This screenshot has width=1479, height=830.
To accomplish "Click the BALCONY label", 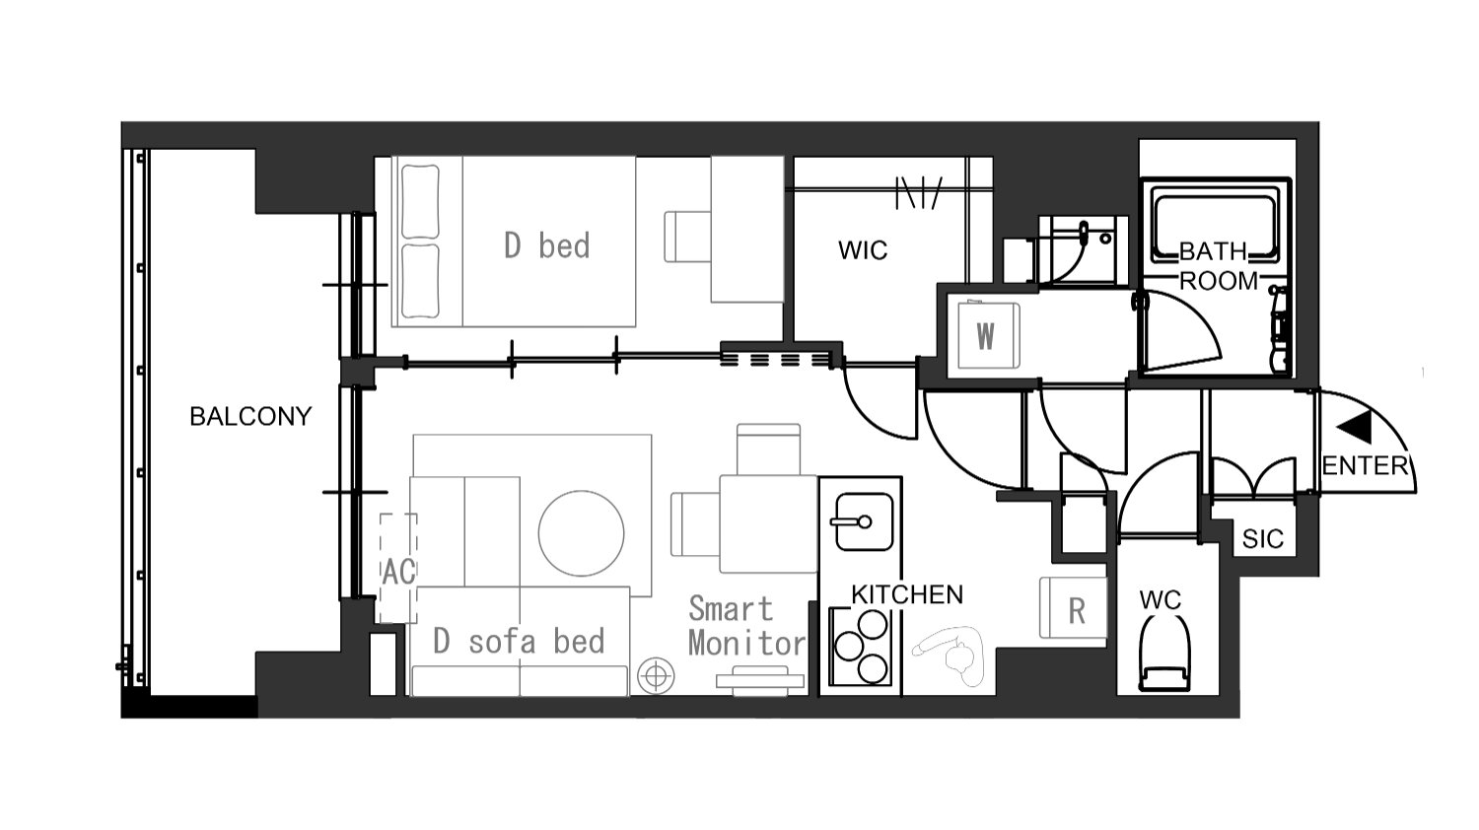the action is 250,417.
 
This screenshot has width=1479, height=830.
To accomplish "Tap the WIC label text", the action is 863,250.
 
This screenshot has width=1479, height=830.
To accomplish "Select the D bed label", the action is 546,245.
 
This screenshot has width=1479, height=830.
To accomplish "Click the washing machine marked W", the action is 988,335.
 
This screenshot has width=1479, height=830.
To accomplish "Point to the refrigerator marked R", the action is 1073,608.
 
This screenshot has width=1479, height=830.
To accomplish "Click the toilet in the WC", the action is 1164,653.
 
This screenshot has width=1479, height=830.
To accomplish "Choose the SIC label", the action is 1262,539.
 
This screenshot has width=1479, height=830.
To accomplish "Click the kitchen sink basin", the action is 864,521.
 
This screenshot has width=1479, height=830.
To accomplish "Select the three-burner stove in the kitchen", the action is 862,647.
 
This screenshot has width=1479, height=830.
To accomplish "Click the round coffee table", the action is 581,533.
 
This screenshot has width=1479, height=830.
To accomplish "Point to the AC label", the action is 398,571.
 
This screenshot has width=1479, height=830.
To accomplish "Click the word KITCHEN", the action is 907,595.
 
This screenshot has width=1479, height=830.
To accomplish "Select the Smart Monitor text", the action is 746,626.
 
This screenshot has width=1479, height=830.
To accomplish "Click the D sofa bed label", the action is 519,642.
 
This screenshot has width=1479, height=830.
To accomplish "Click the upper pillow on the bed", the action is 420,201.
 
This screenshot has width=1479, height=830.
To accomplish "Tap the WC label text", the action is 1161,600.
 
